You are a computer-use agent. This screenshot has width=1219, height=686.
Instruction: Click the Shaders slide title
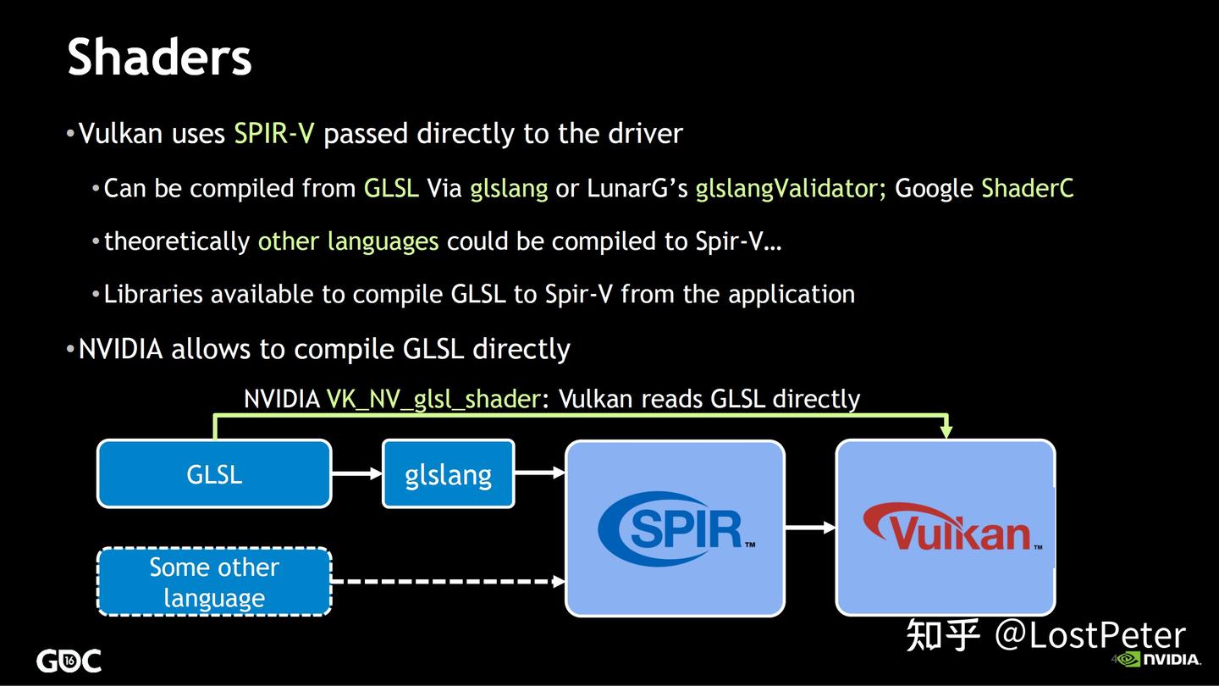[x=159, y=58]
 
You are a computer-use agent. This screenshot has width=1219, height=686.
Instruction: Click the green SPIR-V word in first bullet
[x=273, y=134]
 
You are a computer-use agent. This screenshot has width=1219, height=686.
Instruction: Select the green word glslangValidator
[x=790, y=188]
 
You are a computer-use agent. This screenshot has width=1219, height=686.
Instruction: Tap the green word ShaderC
[x=1027, y=188]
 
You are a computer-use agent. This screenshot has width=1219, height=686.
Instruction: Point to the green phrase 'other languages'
[x=348, y=241]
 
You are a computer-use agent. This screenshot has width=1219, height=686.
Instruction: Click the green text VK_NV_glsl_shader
[x=433, y=399]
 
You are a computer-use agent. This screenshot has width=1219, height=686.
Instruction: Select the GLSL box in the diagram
[x=214, y=473]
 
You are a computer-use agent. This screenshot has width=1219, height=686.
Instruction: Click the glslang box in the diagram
[x=448, y=473]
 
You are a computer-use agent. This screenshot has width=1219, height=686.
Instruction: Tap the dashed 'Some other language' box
[x=214, y=582]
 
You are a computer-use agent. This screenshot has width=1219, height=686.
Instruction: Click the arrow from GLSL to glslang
[x=356, y=473]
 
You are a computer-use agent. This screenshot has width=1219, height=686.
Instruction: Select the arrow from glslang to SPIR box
[x=539, y=473]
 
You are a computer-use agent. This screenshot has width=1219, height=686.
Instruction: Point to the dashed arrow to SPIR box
[x=447, y=582]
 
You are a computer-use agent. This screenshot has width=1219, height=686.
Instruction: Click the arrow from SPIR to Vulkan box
[x=810, y=528]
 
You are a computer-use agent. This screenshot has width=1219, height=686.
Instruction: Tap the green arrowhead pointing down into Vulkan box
[x=946, y=432]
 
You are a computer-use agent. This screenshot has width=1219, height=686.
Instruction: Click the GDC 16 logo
[x=69, y=661]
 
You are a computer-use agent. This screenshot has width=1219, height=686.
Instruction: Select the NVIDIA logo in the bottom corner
[x=1160, y=659]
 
